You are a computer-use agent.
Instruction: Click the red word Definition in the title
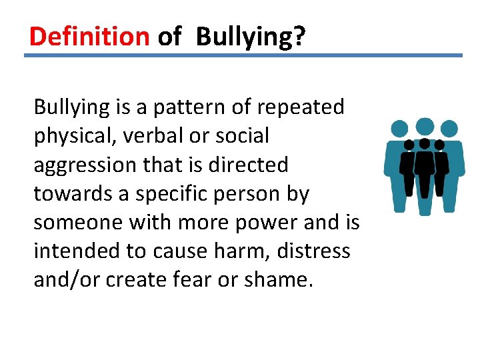click(x=89, y=37)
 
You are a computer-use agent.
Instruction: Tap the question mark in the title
click(x=299, y=37)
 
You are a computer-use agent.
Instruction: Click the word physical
click(x=75, y=136)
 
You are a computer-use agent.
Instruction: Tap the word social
click(x=243, y=135)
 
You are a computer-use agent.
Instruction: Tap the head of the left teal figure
click(x=399, y=129)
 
